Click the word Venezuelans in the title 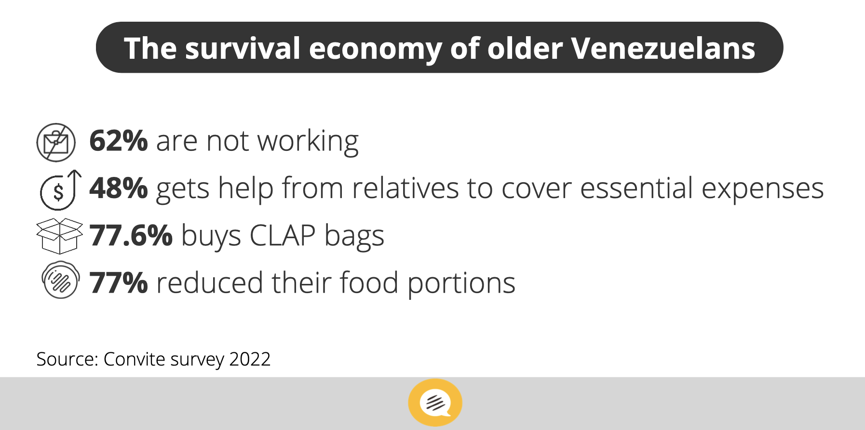(663, 48)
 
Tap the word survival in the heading (243, 48)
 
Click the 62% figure (118, 141)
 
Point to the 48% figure (118, 188)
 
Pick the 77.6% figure (131, 235)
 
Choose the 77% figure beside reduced (118, 282)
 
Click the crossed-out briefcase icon (56, 142)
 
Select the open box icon (59, 236)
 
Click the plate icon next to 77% (60, 281)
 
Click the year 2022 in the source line (250, 359)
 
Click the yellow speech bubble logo (435, 403)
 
